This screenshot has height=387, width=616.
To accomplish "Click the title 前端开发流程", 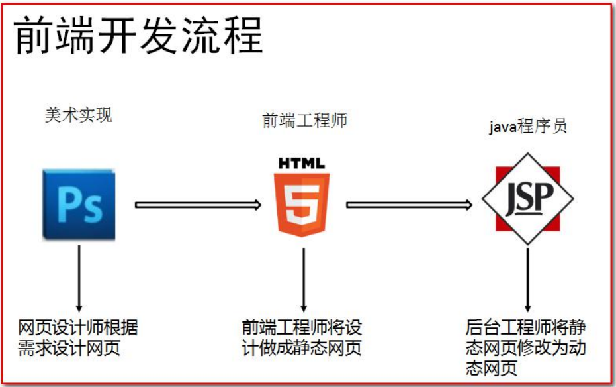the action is pyautogui.click(x=138, y=35).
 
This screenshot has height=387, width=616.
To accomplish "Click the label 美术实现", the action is pyautogui.click(x=79, y=115).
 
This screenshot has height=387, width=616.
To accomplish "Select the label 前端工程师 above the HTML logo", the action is pyautogui.click(x=304, y=121).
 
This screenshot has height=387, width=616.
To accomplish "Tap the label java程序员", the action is pyautogui.click(x=527, y=127).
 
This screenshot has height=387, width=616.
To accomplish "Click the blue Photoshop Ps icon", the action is pyautogui.click(x=79, y=204).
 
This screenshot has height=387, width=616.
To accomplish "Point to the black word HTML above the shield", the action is pyautogui.click(x=302, y=163).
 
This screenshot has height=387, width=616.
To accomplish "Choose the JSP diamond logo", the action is pyautogui.click(x=527, y=199).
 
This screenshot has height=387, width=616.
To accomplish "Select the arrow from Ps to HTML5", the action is pyautogui.click(x=198, y=205).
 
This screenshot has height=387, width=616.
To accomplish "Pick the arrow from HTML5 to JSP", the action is pyautogui.click(x=409, y=205).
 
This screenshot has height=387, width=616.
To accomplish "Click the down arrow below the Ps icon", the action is pyautogui.click(x=79, y=278).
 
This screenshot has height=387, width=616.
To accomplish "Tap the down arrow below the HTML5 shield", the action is pyautogui.click(x=303, y=280).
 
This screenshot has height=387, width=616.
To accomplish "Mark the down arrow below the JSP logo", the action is pyautogui.click(x=527, y=280).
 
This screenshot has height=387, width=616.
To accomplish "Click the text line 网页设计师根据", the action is pyautogui.click(x=78, y=327).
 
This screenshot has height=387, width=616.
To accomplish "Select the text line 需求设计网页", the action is pyautogui.click(x=69, y=348).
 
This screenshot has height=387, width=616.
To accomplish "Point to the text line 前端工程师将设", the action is pyautogui.click(x=302, y=327).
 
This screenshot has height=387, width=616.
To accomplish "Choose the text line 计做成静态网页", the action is pyautogui.click(x=302, y=348).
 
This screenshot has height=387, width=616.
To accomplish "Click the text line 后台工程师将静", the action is pyautogui.click(x=525, y=327).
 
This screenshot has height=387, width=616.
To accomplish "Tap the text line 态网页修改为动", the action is pyautogui.click(x=525, y=348).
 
